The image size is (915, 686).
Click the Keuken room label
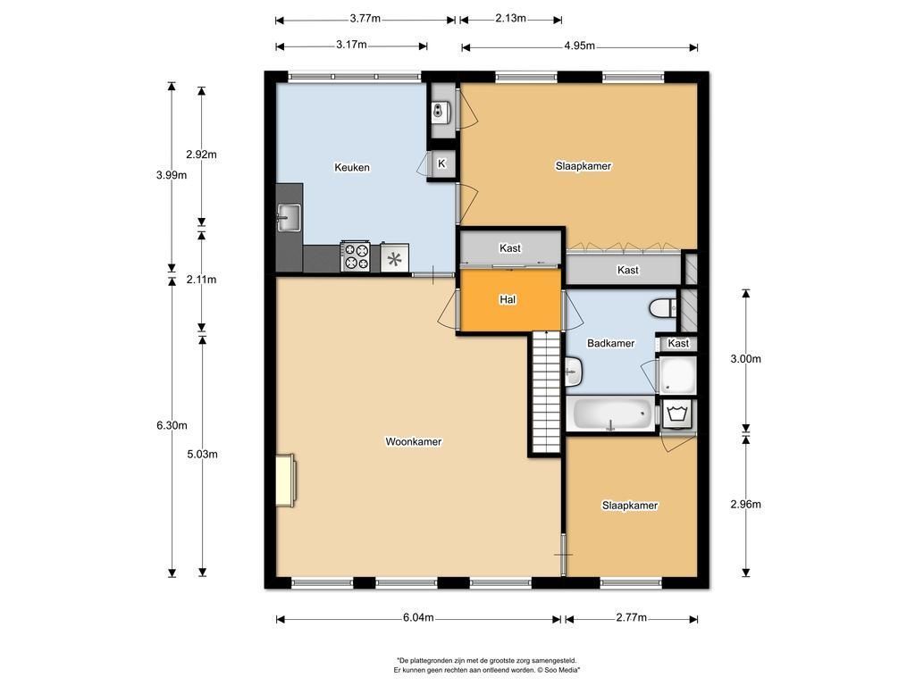pyautogui.click(x=352, y=167)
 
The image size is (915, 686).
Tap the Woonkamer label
pyautogui.click(x=413, y=441)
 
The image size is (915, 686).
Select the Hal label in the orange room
pyautogui.click(x=508, y=299)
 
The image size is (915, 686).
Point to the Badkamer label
pyautogui.click(x=610, y=343)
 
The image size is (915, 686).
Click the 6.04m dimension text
pyautogui.click(x=418, y=617)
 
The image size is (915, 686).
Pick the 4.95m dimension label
pyautogui.click(x=579, y=46)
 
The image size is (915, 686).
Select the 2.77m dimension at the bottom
pyautogui.click(x=632, y=617)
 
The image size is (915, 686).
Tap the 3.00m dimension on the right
pyautogui.click(x=746, y=359)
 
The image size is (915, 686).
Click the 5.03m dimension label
pyautogui.click(x=203, y=454)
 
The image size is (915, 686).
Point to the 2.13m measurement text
pyautogui.click(x=510, y=18)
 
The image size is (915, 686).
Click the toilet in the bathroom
pyautogui.click(x=663, y=307)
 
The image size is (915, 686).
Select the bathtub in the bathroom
pyautogui.click(x=611, y=414)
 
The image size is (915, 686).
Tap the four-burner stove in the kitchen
pyautogui.click(x=356, y=256)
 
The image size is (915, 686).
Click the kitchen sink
pyautogui.click(x=289, y=217)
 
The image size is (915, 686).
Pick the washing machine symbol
pyautogui.click(x=677, y=414)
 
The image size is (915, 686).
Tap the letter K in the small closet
pyautogui.click(x=441, y=163)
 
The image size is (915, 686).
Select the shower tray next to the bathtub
pyautogui.click(x=677, y=375)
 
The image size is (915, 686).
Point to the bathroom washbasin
pyautogui.click(x=574, y=372)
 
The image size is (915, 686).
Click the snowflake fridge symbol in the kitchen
pyautogui.click(x=394, y=258)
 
